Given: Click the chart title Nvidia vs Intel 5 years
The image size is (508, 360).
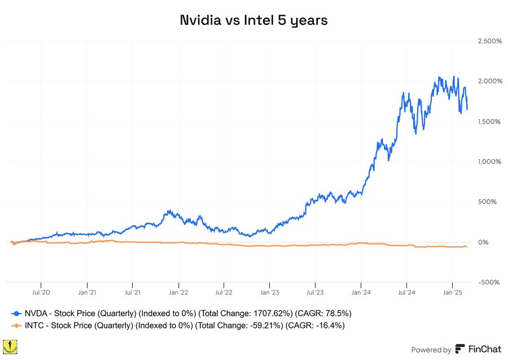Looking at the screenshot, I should (x=253, y=20).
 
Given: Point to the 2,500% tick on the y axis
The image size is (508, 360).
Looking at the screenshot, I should (x=489, y=41).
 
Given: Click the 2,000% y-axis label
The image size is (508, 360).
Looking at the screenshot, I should (x=489, y=81).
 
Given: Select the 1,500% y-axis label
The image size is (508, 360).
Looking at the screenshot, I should (x=490, y=121).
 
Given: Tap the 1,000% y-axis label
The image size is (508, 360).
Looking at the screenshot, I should (x=490, y=161).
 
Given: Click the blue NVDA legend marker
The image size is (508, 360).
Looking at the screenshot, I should (x=16, y=313).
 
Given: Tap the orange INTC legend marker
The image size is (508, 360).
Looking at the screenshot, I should (x=16, y=325).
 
